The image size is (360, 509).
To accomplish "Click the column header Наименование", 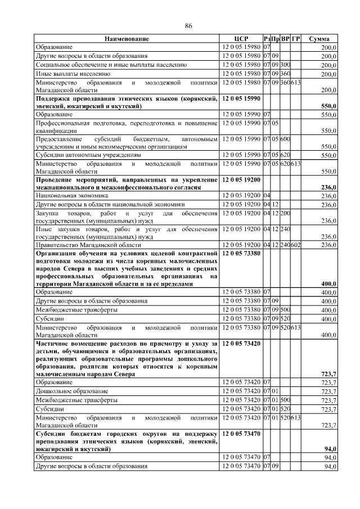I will point(126,39).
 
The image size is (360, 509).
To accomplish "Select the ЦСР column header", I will point(240,39).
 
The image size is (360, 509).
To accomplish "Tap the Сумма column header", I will point(319,39).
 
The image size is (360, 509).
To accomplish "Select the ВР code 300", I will point(285,65).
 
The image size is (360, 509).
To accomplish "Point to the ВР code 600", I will point(285,138).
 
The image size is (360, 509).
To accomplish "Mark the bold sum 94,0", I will point(330,449).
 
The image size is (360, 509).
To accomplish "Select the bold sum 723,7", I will point(328,374).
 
